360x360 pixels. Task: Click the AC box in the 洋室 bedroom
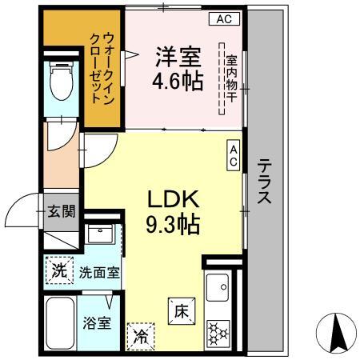(x=224, y=19)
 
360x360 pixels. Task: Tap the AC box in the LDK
(x=234, y=155)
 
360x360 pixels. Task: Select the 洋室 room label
(x=178, y=57)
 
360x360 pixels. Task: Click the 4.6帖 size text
(x=178, y=81)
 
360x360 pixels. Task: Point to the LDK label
(x=174, y=199)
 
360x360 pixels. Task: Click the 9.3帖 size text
(x=173, y=224)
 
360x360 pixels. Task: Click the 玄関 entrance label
(x=62, y=211)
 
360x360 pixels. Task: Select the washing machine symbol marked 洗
(x=59, y=270)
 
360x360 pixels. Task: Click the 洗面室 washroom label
(x=99, y=273)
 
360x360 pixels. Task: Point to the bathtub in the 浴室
(x=60, y=323)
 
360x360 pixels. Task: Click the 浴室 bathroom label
(x=97, y=323)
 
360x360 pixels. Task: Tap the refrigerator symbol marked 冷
(x=141, y=337)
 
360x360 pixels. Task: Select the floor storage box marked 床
(x=182, y=311)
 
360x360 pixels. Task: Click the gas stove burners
(x=218, y=333)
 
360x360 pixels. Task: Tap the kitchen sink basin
(x=218, y=287)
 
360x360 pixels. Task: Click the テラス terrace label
(x=264, y=181)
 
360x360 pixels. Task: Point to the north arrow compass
(x=336, y=334)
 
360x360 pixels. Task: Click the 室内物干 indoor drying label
(x=231, y=79)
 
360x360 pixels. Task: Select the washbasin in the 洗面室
(x=100, y=234)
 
